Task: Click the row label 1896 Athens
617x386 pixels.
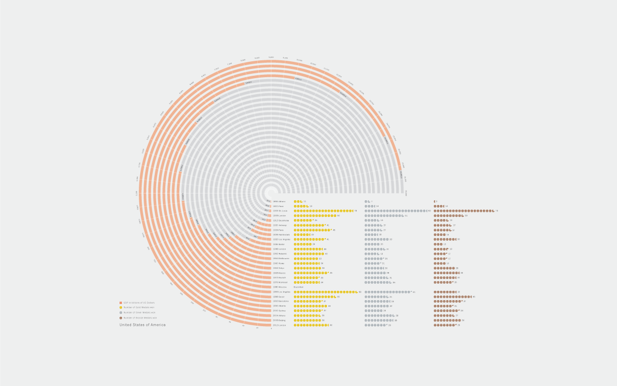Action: pyautogui.click(x=279, y=201)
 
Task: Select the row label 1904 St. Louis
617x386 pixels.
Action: pyautogui.click(x=281, y=211)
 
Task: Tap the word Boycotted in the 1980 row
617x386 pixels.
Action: pyautogui.click(x=299, y=287)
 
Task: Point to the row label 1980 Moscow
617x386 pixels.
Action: pyautogui.click(x=280, y=287)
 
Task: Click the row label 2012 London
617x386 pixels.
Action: pyautogui.click(x=280, y=325)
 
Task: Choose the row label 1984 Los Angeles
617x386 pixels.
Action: pyautogui.click(x=282, y=292)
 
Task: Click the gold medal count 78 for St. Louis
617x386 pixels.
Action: pyautogui.click(x=356, y=211)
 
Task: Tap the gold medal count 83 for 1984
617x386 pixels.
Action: pyautogui.click(x=360, y=292)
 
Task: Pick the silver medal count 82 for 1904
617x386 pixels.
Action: pyautogui.click(x=429, y=211)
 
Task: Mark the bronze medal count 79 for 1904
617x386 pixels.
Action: pyautogui.click(x=496, y=211)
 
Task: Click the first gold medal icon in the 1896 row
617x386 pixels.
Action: pyautogui.click(x=295, y=201)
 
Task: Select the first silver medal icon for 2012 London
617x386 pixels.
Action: pyautogui.click(x=366, y=325)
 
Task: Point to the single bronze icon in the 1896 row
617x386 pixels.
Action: pyautogui.click(x=435, y=201)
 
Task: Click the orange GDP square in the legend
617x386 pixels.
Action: pyautogui.click(x=121, y=303)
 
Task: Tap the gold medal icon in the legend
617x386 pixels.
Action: pyautogui.click(x=121, y=307)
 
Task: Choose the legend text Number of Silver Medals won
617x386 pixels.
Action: pyautogui.click(x=139, y=313)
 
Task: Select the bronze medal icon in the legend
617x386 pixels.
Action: pyautogui.click(x=121, y=318)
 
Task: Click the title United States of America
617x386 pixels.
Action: pyautogui.click(x=143, y=325)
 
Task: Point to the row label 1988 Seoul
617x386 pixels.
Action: pyautogui.click(x=279, y=297)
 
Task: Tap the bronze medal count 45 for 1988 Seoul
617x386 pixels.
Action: pyautogui.click(x=474, y=297)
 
